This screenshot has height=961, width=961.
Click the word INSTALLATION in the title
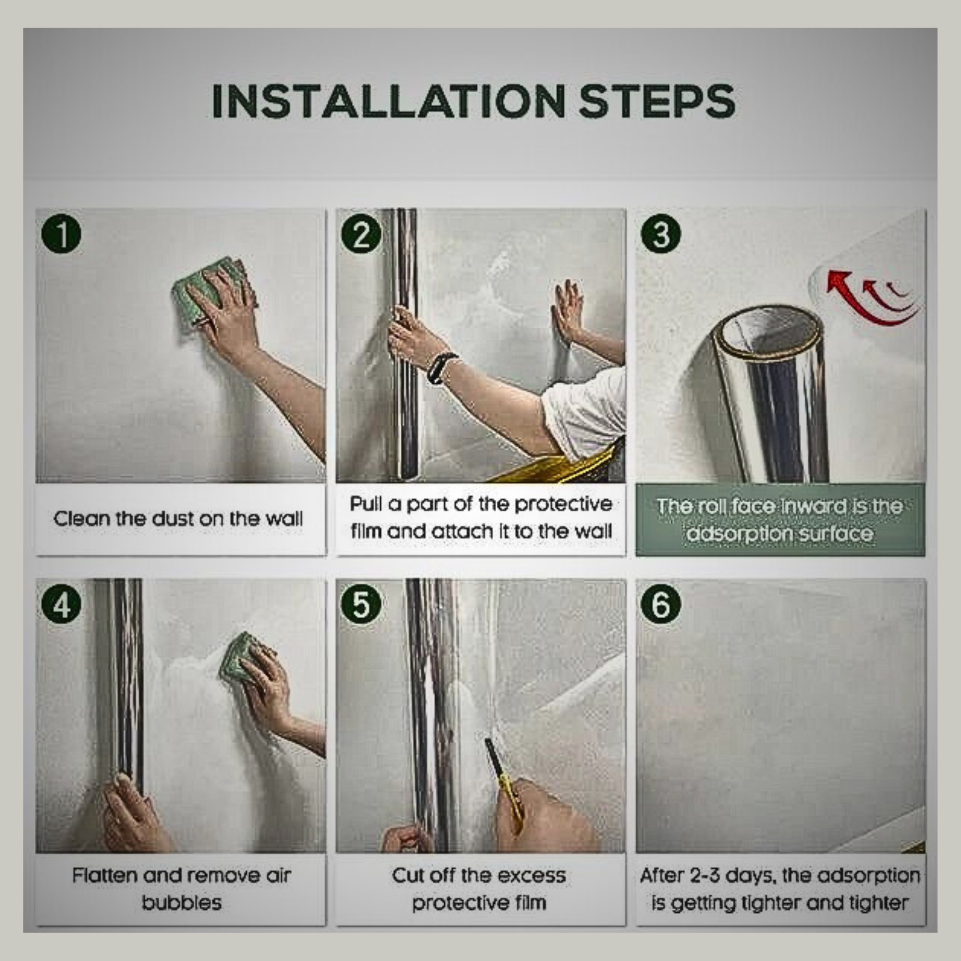tap(389, 100)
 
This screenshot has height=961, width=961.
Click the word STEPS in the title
tap(658, 100)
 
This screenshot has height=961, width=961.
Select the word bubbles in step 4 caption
tap(181, 903)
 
